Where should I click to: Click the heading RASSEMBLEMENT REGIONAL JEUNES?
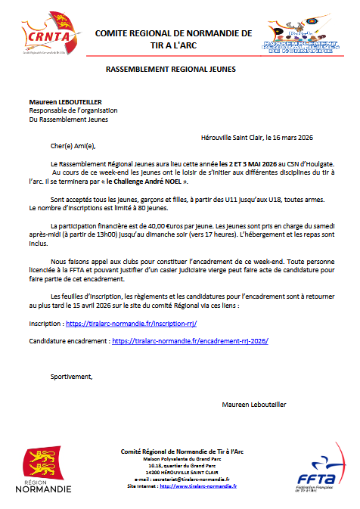click(170, 69)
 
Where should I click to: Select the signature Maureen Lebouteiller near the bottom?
click(254, 405)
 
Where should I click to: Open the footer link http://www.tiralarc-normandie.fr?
click(198, 486)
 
